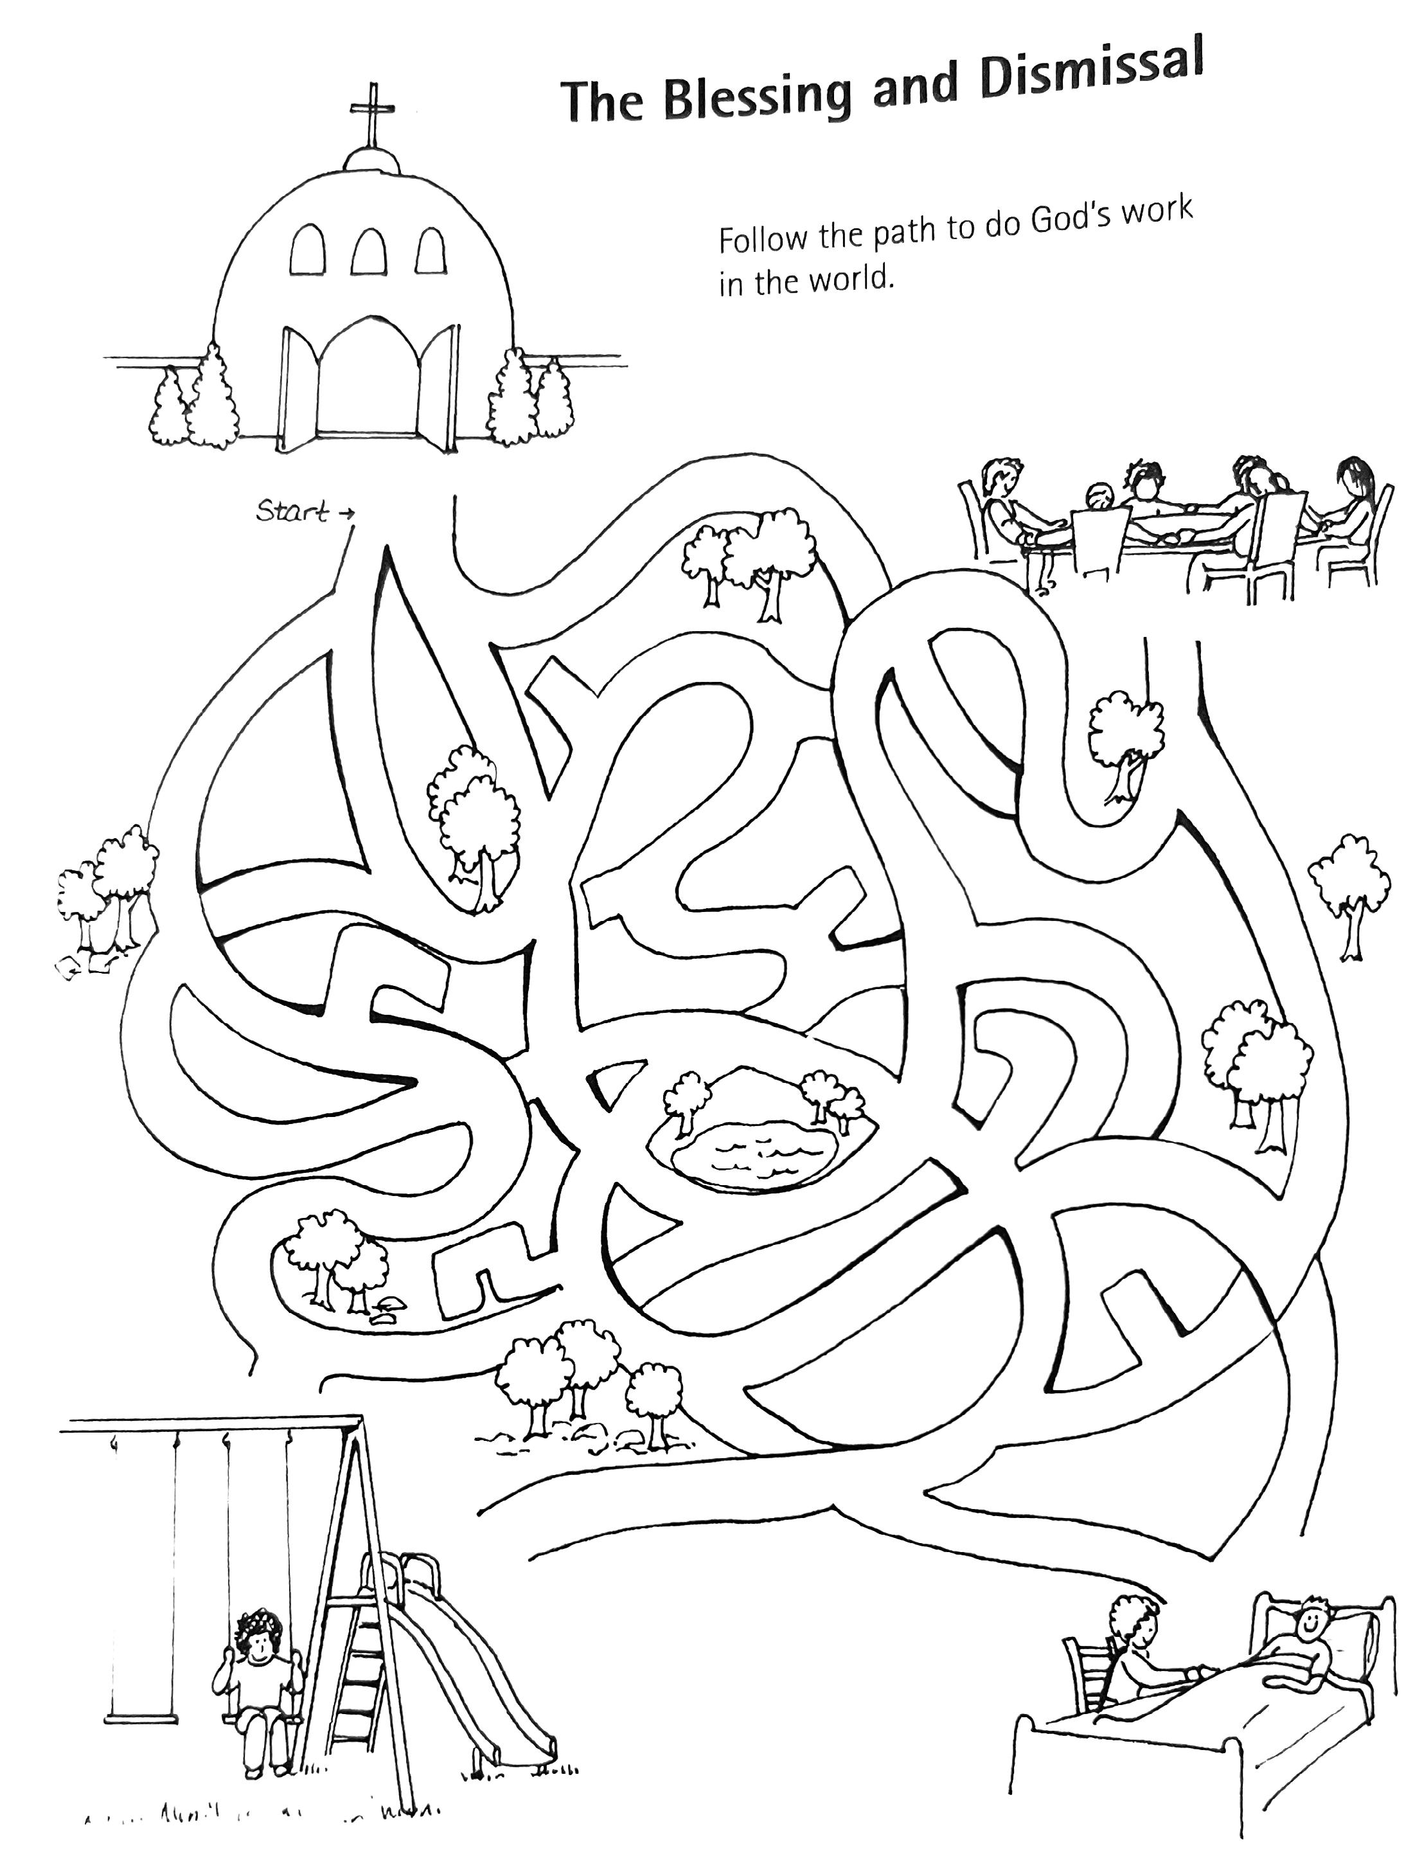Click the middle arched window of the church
tap(369, 249)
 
